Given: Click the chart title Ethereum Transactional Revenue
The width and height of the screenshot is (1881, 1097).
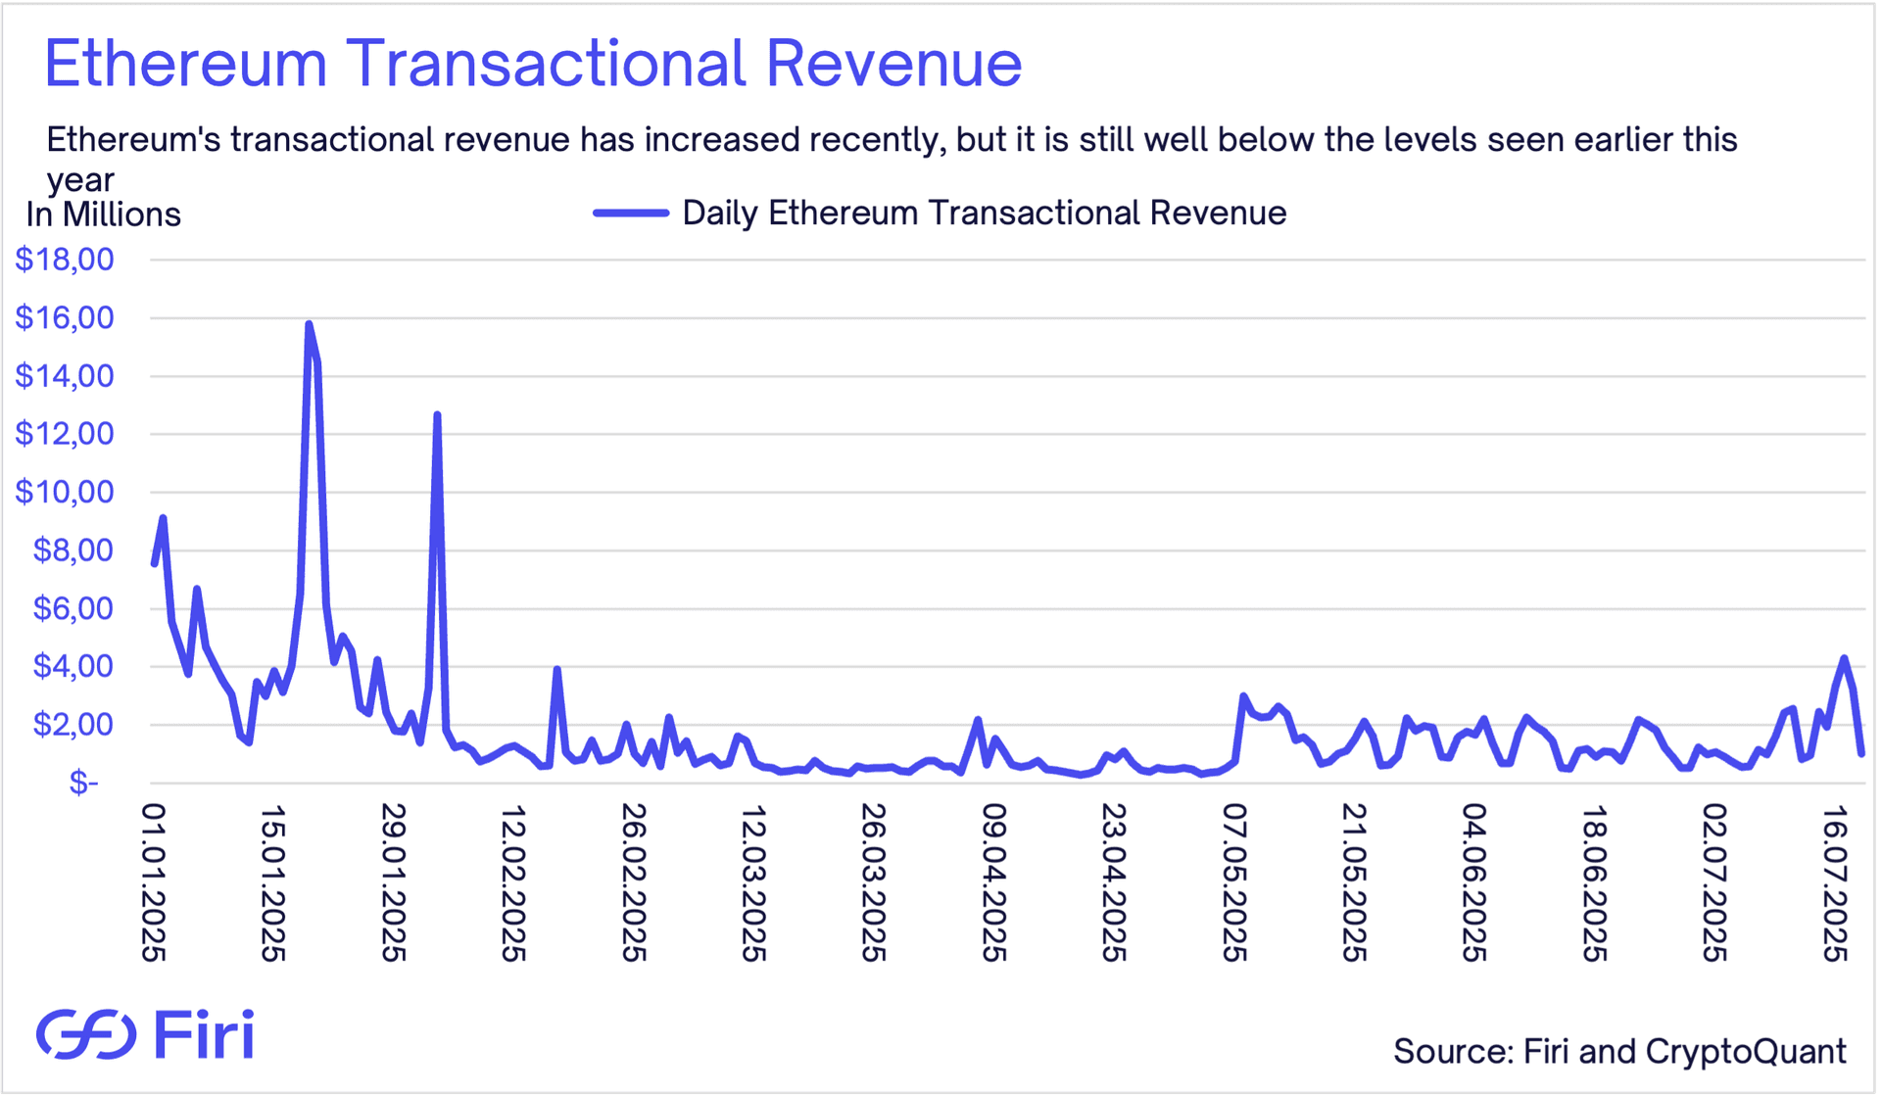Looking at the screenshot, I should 533,64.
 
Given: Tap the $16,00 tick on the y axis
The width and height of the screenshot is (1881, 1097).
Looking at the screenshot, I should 65,317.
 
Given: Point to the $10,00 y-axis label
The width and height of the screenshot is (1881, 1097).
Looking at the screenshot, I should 65,492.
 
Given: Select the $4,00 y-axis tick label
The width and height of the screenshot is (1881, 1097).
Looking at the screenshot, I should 73,666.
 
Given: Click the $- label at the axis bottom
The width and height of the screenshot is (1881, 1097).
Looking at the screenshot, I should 84,782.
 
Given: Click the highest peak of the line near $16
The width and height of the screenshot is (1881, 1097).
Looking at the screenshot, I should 309,324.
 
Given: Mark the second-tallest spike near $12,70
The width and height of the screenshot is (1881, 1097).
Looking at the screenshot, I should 437,415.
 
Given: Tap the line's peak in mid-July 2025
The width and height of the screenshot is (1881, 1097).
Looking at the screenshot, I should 1844,658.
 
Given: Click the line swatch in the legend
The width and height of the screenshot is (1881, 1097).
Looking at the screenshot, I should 631,213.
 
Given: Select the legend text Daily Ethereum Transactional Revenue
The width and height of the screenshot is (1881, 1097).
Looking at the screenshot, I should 984,213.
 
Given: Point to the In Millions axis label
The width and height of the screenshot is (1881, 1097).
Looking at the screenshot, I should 103,215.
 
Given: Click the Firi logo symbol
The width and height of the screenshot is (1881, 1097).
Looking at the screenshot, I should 86,1034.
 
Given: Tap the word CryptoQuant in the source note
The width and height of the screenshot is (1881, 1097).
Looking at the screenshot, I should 1746,1051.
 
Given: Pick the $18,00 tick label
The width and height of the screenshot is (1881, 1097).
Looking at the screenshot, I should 65,260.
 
